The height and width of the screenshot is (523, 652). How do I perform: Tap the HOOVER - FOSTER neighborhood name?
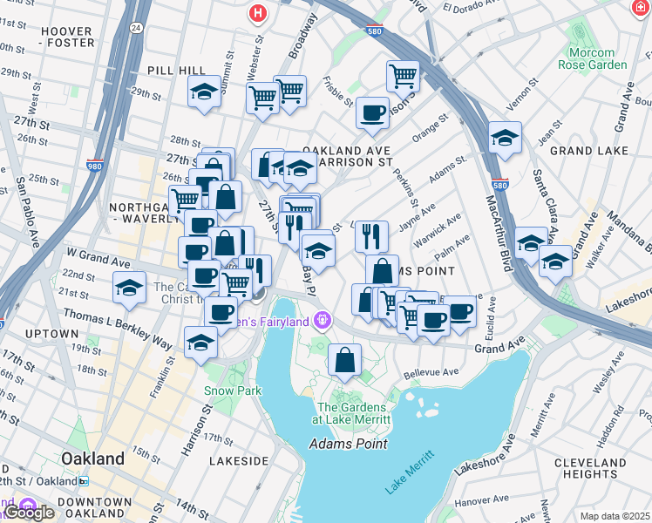point(66,37)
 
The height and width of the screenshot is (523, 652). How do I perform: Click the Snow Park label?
point(233,391)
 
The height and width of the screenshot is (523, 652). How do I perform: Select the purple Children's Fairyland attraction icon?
point(322,320)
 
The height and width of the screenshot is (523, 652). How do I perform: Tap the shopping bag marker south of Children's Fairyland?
point(345,359)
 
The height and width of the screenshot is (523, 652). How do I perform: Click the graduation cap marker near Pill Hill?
point(204,92)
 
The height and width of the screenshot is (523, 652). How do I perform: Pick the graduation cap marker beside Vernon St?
point(505,137)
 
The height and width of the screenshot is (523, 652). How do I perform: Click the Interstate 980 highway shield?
point(94,165)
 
